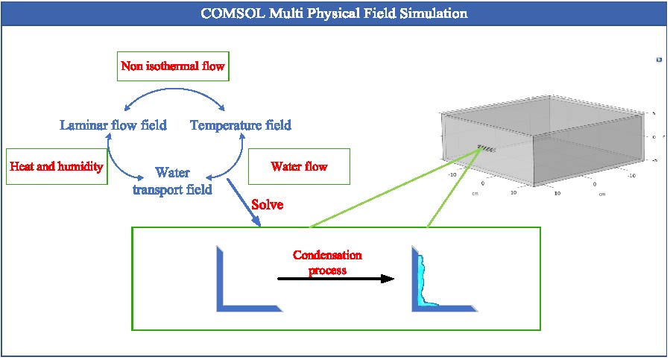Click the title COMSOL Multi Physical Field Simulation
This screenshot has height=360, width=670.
click(334, 13)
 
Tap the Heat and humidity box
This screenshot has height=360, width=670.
click(56, 166)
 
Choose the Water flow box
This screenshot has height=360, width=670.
click(298, 166)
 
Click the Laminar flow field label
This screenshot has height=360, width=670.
click(113, 124)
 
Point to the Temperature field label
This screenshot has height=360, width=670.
click(240, 124)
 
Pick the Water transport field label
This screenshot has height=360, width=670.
click(172, 181)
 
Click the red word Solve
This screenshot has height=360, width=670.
click(268, 203)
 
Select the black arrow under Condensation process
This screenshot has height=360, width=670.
click(335, 279)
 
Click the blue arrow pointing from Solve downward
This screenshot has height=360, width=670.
click(244, 200)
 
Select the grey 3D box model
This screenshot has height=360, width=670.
click(544, 142)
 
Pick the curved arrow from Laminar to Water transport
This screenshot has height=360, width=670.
click(118, 162)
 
